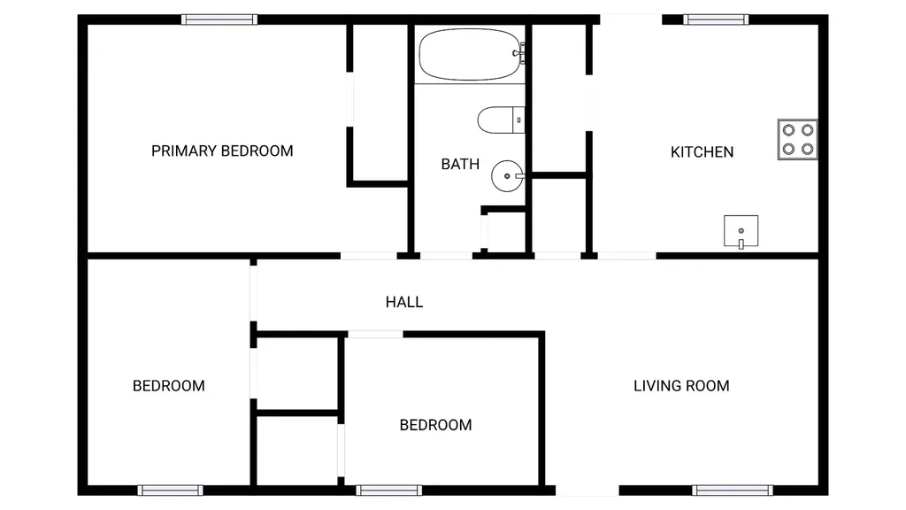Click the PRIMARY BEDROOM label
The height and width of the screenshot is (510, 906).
[222, 151]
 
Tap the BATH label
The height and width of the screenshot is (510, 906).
[460, 164]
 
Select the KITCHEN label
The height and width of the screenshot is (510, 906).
[702, 152]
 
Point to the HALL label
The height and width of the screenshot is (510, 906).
[403, 302]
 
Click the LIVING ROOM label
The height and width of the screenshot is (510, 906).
[681, 386]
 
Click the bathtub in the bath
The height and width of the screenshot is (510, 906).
[470, 54]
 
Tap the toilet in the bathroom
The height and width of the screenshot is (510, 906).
[501, 120]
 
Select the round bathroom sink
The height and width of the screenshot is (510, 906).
[507, 176]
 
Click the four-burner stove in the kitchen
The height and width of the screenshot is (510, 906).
[797, 139]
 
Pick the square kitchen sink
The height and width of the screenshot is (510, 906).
[741, 231]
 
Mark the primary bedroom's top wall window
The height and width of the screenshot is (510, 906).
[219, 19]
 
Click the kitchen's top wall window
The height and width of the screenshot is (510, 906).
[716, 19]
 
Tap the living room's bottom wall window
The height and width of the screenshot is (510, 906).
[732, 491]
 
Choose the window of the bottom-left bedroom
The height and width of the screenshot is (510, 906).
[170, 491]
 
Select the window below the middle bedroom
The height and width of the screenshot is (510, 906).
[389, 491]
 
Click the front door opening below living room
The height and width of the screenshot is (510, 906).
[587, 491]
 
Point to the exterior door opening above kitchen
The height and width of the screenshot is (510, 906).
[630, 19]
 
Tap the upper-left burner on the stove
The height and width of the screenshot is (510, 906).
[788, 130]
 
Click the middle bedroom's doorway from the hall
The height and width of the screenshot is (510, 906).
[375, 334]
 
